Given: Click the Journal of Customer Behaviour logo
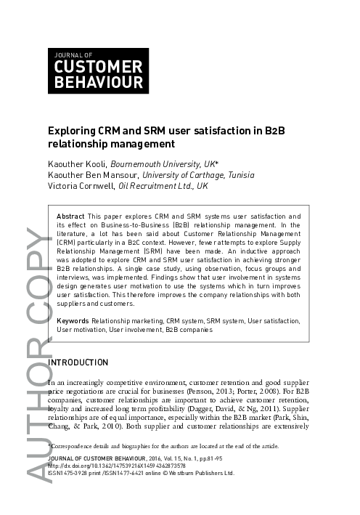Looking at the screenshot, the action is [98, 70].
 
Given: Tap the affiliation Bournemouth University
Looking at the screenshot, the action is [152, 164].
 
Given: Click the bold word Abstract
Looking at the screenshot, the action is [70, 216].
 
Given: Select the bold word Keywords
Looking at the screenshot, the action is [72, 320].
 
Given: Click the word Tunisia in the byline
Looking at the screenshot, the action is [240, 175].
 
